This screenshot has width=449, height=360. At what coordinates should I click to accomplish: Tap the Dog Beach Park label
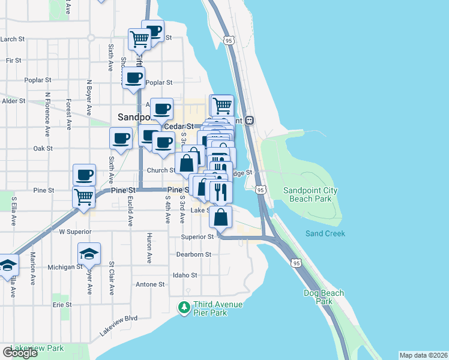tap(324, 297)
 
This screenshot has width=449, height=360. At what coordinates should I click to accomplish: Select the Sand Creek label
tap(325, 233)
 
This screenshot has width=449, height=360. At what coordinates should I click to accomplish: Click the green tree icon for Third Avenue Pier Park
tap(184, 308)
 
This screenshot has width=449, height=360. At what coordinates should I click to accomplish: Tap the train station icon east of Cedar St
tap(250, 120)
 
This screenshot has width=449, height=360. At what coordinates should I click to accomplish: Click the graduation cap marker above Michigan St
tap(89, 255)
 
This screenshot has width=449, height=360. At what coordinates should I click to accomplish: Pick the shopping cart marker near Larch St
tap(139, 40)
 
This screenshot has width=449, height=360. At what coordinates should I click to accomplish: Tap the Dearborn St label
tap(194, 254)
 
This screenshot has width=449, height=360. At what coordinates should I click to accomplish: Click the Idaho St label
tap(185, 275)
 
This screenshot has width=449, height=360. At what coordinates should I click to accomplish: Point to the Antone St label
tap(150, 284)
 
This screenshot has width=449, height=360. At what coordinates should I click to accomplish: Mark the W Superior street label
tap(74, 231)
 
